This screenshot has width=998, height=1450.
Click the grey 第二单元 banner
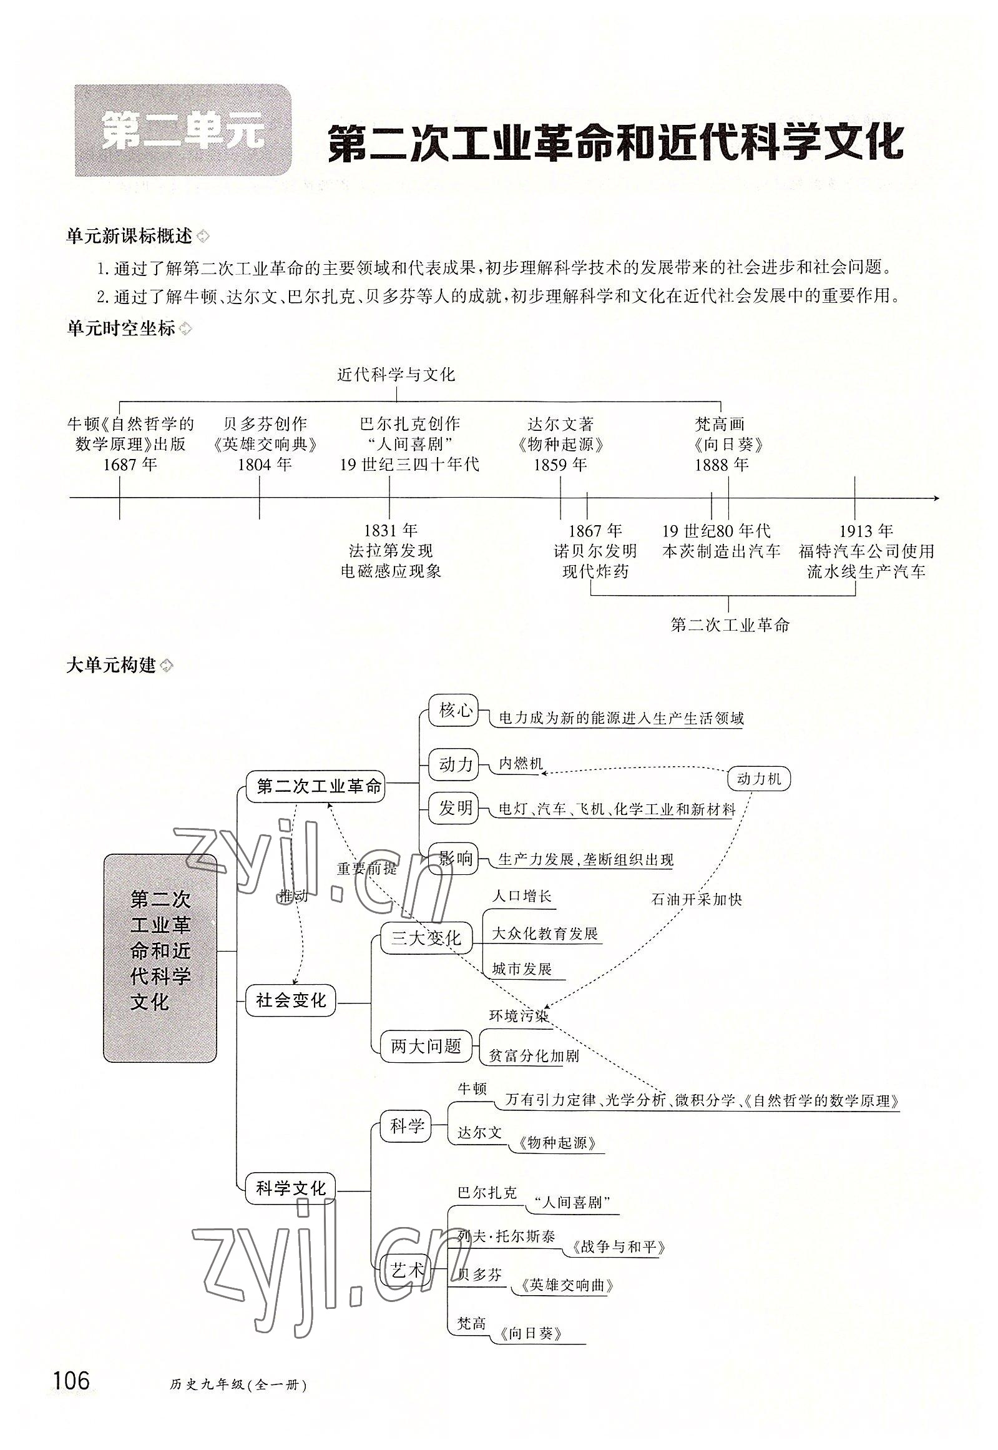(183, 131)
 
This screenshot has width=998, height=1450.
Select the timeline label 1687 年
(130, 464)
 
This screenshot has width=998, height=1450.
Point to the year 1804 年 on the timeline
(265, 464)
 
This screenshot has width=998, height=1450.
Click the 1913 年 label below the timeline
(866, 531)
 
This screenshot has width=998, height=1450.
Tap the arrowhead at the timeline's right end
(936, 498)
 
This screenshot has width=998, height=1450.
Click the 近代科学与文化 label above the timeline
(396, 375)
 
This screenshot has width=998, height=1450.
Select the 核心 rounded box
(454, 711)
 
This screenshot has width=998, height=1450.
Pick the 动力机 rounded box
(759, 779)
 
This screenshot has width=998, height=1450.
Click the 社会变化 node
(291, 1000)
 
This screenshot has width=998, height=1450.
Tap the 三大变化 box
(426, 937)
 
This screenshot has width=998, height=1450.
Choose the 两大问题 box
(426, 1045)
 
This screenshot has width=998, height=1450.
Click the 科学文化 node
(291, 1188)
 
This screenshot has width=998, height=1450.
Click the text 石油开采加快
(697, 899)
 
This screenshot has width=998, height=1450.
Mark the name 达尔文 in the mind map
(479, 1133)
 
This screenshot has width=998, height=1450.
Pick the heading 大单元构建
(111, 665)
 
